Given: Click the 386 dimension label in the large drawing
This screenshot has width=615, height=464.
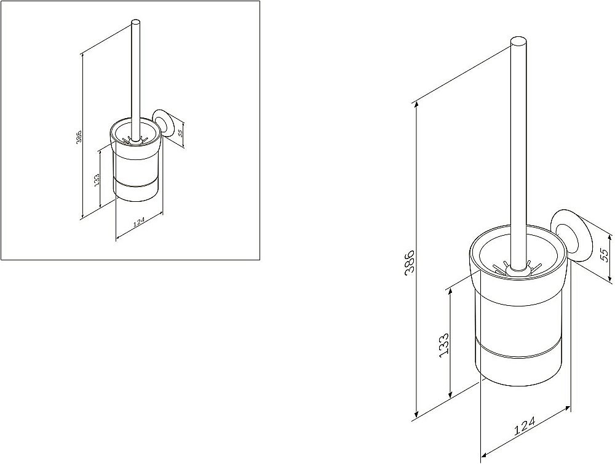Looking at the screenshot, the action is pos(409,263).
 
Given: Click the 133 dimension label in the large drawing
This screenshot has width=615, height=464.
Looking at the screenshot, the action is pos(443,345).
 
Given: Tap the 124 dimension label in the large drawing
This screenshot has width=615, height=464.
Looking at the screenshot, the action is pos(525,426).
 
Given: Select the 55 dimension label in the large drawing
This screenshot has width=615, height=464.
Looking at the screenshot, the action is pos(605,255).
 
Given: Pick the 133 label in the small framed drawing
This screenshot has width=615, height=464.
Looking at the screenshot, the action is pos(97,179).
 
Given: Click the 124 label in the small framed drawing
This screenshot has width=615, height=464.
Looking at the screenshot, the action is pos(140,222).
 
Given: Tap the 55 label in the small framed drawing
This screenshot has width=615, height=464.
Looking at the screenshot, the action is pos(180,132).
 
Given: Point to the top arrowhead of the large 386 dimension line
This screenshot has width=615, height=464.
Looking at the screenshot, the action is pos(415,105).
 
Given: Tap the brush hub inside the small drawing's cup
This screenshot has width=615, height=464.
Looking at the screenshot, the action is pos(134,139).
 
